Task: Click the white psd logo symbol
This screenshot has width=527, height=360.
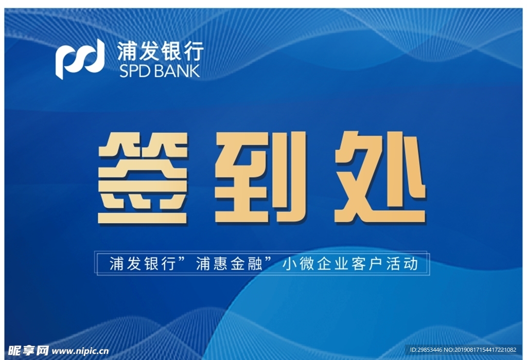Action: [x=80, y=59]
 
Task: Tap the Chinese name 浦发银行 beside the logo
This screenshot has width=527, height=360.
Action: [x=161, y=51]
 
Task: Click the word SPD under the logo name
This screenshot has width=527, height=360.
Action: [x=134, y=71]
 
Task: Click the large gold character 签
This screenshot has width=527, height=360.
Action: [x=143, y=178]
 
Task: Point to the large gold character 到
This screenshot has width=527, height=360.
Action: [x=261, y=177]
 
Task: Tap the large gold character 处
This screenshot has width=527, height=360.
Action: [x=380, y=177]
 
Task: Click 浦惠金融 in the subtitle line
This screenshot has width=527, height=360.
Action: [x=229, y=264]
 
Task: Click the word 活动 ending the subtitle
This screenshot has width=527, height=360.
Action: [x=402, y=264]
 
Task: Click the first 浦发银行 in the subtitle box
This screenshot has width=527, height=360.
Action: [x=143, y=264]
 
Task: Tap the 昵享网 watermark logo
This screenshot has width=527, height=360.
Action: [x=28, y=351]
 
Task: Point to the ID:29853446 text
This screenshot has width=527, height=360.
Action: [x=426, y=350]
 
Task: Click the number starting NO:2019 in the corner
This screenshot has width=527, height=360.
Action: [x=480, y=350]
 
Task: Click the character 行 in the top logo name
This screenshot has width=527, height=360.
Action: [x=194, y=51]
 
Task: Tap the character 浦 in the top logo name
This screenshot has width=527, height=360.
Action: [x=127, y=51]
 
